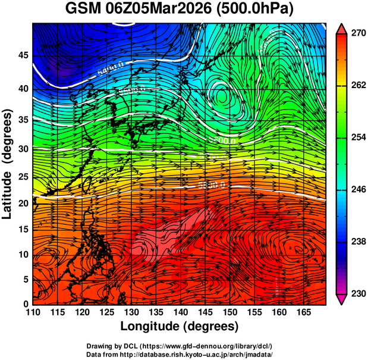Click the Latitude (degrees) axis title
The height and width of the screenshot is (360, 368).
[x=8, y=164]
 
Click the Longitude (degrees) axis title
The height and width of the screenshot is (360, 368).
[x=180, y=327]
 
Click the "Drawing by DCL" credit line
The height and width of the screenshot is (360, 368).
[x=180, y=346]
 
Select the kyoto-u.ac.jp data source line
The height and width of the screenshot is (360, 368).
[x=180, y=354]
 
